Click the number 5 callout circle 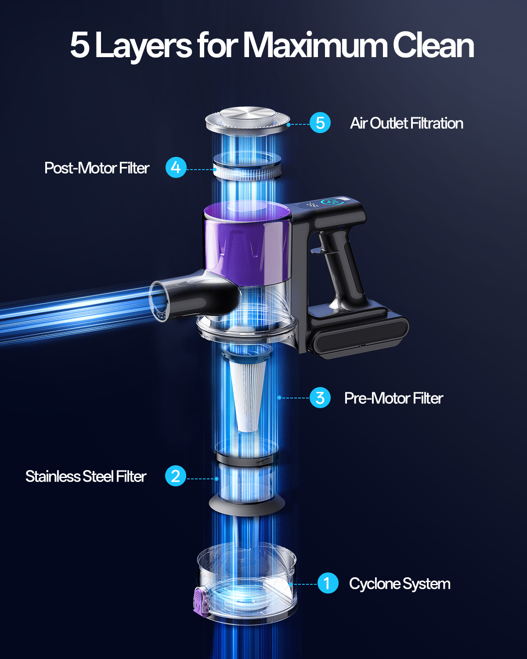click(320, 123)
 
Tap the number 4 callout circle click(176, 167)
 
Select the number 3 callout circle click(320, 398)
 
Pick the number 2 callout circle click(176, 476)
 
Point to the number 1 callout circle click(328, 583)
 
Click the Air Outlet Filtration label click(406, 123)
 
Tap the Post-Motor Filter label click(97, 168)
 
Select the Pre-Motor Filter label click(394, 398)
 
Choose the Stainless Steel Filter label click(86, 476)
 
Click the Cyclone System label click(400, 584)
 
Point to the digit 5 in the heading click(80, 45)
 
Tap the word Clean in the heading click(433, 45)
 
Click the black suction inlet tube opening click(159, 302)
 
